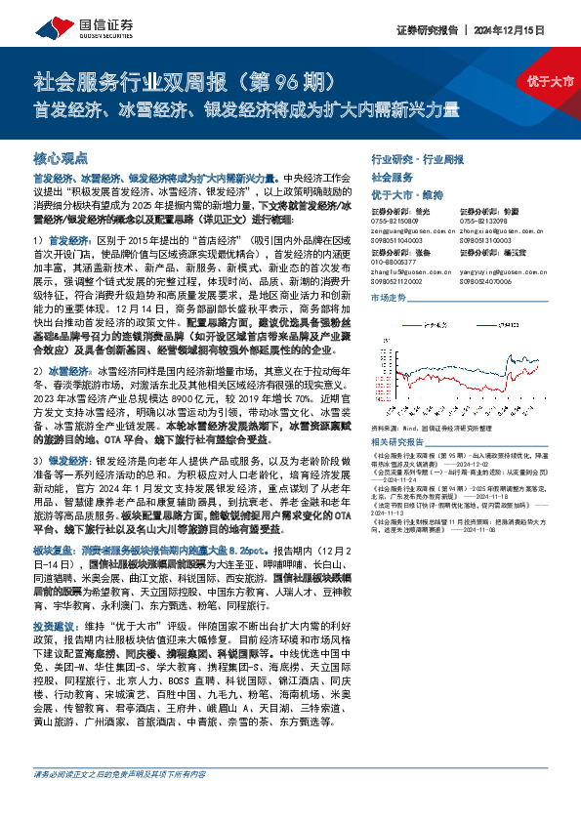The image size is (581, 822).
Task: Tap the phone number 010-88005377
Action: [393, 260]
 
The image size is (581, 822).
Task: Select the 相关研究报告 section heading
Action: [394, 414]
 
